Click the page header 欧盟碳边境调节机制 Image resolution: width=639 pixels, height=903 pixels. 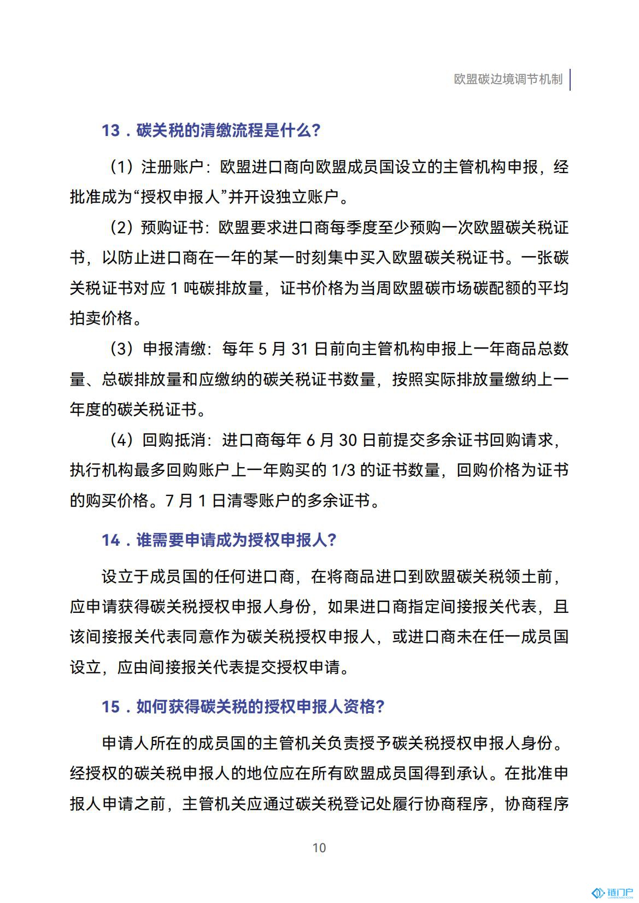pos(508,79)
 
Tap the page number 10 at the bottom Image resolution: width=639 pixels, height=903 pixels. pos(319,847)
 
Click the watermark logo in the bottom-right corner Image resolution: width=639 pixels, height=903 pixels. pos(612,893)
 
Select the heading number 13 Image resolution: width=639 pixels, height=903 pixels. pos(110,131)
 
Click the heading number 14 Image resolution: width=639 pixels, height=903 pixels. pos(110,540)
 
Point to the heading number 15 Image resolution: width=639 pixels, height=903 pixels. pos(110,707)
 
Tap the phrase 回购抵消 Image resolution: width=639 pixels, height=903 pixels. pos(173,440)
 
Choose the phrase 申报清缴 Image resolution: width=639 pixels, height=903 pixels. pos(173,349)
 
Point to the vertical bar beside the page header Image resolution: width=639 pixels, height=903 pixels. pos(570,79)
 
